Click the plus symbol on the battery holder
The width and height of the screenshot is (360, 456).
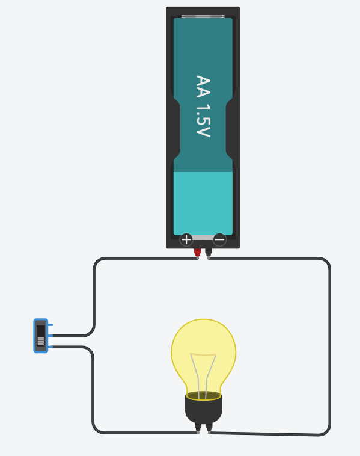pos(186,239)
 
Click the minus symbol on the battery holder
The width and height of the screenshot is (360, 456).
pos(219,239)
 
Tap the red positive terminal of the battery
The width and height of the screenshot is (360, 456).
pos(197,253)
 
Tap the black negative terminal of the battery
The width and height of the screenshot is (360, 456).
pos(209,253)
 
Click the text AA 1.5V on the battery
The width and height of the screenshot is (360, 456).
pos(203,106)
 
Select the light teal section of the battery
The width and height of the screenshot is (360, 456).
pos(203,203)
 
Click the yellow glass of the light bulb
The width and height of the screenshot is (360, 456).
pos(203,358)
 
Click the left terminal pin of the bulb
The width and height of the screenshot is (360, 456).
pos(198,428)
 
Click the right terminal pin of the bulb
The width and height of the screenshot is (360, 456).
pos(209,428)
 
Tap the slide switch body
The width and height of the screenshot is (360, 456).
pos(41,336)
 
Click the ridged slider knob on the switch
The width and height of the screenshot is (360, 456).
pos(41,341)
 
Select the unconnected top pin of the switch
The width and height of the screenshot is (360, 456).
pos(50,324)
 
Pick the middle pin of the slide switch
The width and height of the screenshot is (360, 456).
pos(50,336)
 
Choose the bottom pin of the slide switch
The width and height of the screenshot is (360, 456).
pos(50,347)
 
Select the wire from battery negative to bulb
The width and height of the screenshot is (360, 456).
pos(330,346)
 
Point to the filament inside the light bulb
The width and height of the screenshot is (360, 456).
pos(203,375)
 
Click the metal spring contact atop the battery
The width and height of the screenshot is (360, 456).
pos(203,17)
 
